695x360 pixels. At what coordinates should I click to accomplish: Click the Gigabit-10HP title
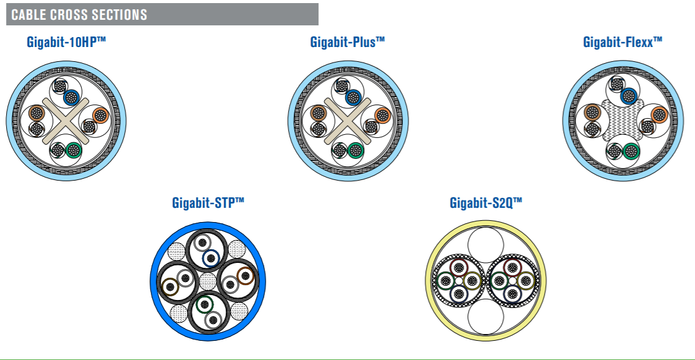(x=66, y=42)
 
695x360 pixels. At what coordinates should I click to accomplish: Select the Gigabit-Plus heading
(x=347, y=42)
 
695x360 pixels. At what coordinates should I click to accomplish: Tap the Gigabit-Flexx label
(x=622, y=42)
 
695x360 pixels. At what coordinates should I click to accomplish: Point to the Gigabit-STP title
(x=208, y=203)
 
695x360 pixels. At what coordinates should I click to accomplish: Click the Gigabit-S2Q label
(x=486, y=203)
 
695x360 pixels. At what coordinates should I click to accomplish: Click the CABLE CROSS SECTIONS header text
(x=79, y=15)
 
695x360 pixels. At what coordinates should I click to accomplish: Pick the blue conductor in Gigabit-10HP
(x=71, y=97)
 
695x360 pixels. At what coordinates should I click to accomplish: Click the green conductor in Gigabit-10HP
(x=74, y=151)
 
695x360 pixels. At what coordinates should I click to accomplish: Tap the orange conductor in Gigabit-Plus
(x=382, y=116)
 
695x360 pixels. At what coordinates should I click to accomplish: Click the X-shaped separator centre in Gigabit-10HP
(x=66, y=121)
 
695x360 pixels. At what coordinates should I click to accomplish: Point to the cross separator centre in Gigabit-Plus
(x=348, y=121)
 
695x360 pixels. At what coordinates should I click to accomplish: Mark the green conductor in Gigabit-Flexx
(x=631, y=152)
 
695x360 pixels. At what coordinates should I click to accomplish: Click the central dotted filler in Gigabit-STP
(x=207, y=281)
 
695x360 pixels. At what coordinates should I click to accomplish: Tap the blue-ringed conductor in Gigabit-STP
(x=210, y=258)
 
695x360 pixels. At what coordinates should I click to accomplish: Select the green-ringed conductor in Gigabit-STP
(x=204, y=304)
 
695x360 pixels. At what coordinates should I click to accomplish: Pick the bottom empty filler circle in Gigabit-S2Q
(x=486, y=317)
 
